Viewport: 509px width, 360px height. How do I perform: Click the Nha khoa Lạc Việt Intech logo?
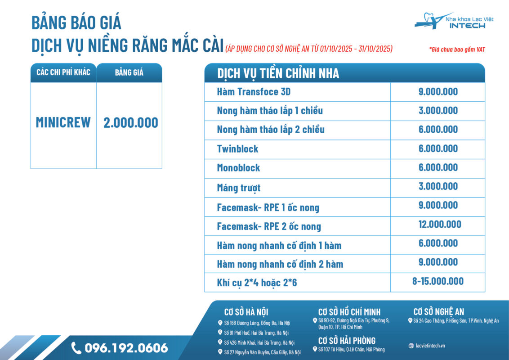tap(450, 21)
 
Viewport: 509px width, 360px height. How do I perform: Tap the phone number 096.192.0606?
tap(126, 348)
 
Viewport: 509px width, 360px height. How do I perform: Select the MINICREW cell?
tap(63, 122)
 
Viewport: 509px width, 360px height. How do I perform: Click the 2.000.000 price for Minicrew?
tap(130, 122)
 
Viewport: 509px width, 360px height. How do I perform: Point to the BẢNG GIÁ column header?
tap(129, 72)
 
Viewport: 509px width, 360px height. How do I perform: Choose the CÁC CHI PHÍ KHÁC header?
tap(63, 72)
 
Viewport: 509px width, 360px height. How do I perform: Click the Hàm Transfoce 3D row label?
tap(254, 92)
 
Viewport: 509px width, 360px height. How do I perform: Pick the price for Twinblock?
tap(438, 148)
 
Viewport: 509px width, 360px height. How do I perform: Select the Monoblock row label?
tap(238, 168)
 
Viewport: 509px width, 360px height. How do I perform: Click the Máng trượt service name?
tap(238, 188)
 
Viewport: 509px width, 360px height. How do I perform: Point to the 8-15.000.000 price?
tap(438, 281)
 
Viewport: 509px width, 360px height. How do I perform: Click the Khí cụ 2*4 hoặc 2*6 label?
tap(257, 283)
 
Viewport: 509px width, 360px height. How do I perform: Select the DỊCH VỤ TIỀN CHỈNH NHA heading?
tap(278, 73)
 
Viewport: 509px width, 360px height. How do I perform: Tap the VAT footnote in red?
tap(457, 49)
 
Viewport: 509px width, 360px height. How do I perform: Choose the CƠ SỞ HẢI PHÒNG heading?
tap(346, 341)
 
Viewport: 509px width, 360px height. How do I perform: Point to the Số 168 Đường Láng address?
tap(257, 323)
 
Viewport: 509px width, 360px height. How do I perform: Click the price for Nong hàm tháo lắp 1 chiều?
tap(438, 111)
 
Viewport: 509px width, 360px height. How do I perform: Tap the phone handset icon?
tap(76, 348)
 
